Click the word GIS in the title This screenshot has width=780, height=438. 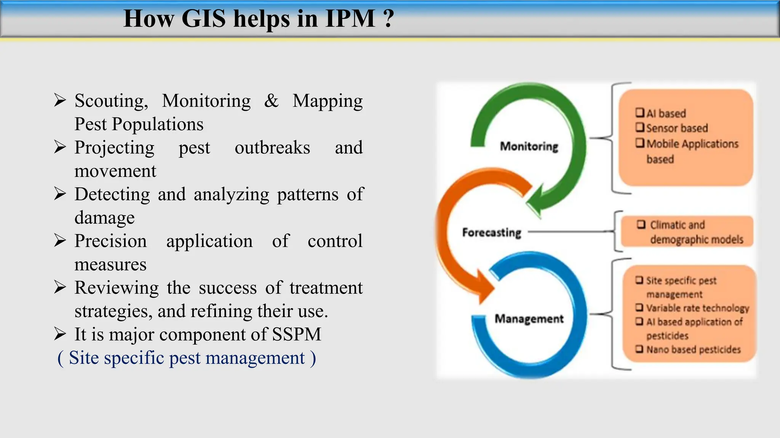[203, 19]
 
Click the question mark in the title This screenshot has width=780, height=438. [388, 19]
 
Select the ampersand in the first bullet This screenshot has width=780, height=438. [271, 101]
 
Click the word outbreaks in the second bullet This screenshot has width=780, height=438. [272, 148]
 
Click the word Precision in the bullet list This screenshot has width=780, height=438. [110, 241]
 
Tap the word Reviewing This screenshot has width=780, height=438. [116, 288]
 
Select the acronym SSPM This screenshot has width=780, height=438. [297, 335]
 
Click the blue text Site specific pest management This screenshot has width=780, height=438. [187, 358]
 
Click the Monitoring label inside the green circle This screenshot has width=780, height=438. [529, 146]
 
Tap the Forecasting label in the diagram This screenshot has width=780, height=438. [491, 232]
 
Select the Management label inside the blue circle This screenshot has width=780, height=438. [529, 319]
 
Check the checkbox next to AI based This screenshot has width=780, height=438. [640, 113]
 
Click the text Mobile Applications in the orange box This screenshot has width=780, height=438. [692, 144]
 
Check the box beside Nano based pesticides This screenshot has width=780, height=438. [639, 349]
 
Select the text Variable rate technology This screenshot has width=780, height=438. [697, 308]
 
